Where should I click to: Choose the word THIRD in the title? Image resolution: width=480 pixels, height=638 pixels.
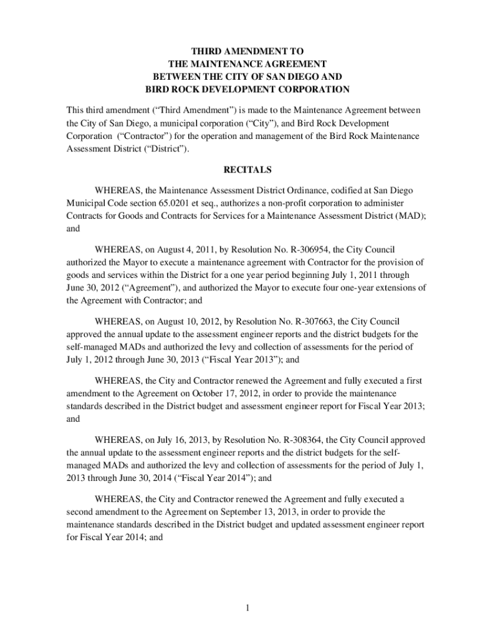tap(210, 50)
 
